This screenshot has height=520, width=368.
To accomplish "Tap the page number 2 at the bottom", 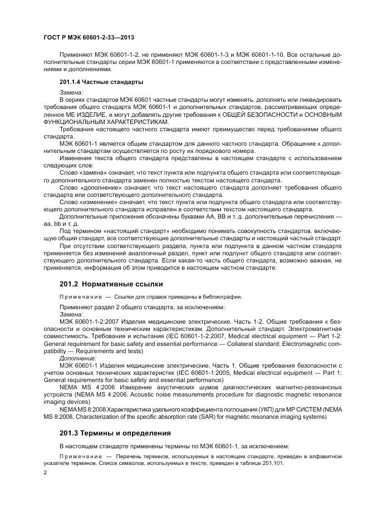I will click(45, 473).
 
